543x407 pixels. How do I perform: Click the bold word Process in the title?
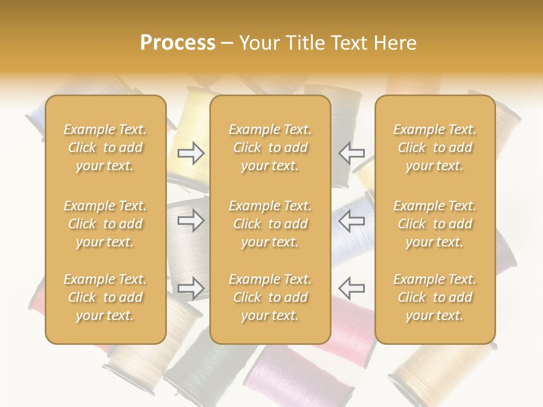click(178, 43)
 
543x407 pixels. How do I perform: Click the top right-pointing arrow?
click(191, 153)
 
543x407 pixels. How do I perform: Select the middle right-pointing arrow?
click(191, 220)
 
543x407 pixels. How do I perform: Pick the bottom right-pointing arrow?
click(191, 288)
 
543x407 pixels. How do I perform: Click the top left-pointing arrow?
click(352, 153)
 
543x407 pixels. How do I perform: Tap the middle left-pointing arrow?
click(352, 220)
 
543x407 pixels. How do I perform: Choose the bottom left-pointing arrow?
click(352, 288)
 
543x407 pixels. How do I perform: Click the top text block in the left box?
click(105, 148)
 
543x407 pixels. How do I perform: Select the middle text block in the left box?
click(105, 224)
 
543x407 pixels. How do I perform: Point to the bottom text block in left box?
click(105, 297)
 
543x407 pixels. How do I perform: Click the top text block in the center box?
click(270, 148)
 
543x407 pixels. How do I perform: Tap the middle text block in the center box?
click(270, 224)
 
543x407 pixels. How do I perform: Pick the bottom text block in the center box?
click(270, 297)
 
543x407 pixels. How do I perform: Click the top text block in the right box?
click(435, 148)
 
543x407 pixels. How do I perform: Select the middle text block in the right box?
click(435, 224)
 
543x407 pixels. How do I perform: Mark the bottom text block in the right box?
click(435, 297)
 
